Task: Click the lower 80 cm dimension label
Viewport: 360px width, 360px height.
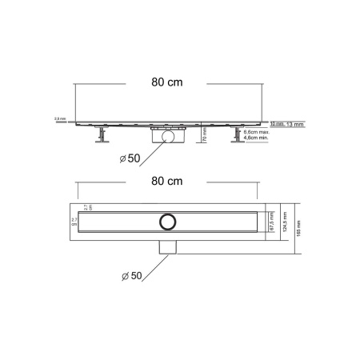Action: pyautogui.click(x=167, y=182)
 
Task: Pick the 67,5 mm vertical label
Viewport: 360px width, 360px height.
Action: pyautogui.click(x=272, y=220)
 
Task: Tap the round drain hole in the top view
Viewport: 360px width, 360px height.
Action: pyautogui.click(x=168, y=220)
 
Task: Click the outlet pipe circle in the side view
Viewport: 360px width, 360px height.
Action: pyautogui.click(x=168, y=138)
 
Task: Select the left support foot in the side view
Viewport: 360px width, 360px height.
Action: pyautogui.click(x=102, y=138)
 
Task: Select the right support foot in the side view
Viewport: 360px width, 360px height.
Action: pyautogui.click(x=238, y=138)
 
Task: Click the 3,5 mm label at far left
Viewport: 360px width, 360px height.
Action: pyautogui.click(x=59, y=119)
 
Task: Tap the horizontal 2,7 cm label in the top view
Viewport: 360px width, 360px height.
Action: pyautogui.click(x=75, y=220)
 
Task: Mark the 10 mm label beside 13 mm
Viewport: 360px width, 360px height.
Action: pyautogui.click(x=276, y=123)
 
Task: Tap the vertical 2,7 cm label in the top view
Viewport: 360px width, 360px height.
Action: pyautogui.click(x=89, y=206)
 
